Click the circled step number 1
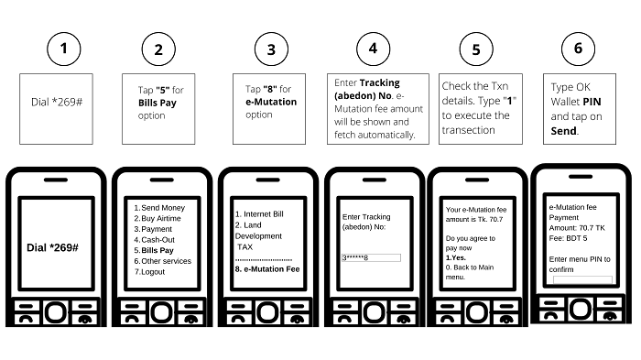click(64, 49)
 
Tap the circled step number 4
click(374, 49)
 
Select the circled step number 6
click(579, 49)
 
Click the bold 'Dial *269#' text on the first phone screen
click(52, 247)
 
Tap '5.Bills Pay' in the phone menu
click(154, 250)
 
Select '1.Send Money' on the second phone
click(159, 208)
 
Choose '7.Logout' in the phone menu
click(149, 272)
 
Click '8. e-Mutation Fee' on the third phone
click(267, 269)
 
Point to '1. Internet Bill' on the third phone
click(259, 214)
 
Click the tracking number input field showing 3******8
click(371, 257)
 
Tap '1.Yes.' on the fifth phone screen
click(456, 257)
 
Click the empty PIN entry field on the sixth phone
click(582, 279)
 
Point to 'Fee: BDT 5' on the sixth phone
click(569, 238)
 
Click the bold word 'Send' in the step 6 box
click(564, 131)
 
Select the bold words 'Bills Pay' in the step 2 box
click(158, 103)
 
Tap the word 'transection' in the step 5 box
click(469, 130)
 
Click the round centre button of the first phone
click(56, 312)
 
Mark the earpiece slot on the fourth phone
click(375, 180)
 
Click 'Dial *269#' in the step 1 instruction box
click(57, 102)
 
